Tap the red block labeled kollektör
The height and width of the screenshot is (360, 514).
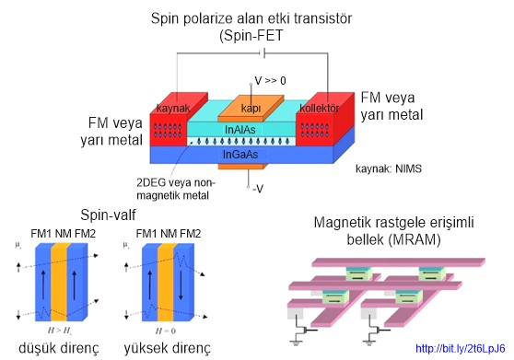tap(321, 110)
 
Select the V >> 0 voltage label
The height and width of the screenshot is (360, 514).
tap(269, 81)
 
